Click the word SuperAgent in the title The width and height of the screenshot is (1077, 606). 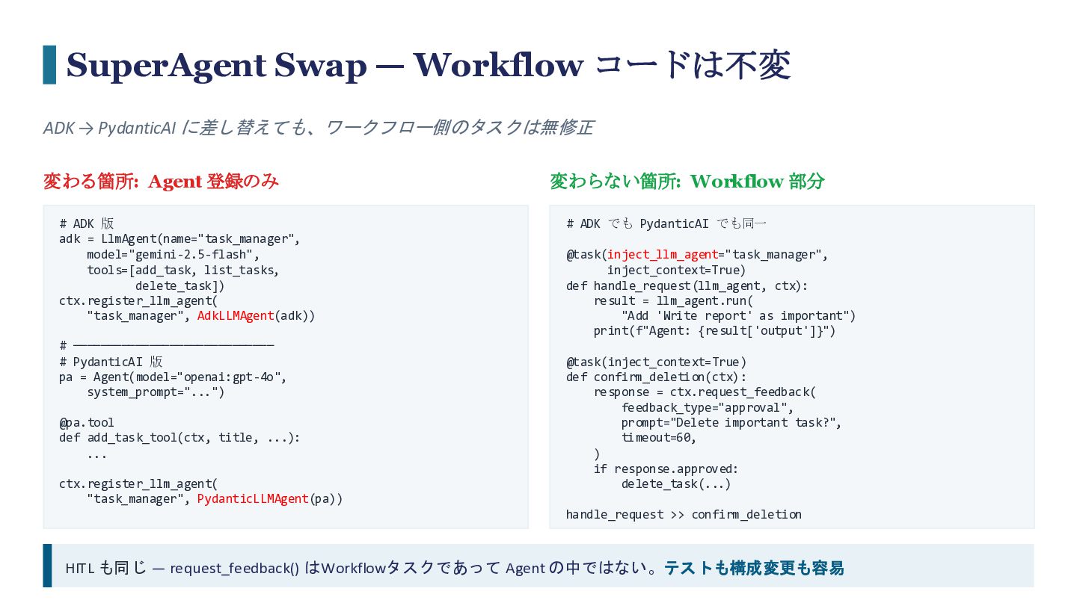pos(166,66)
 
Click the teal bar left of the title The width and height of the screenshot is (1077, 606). pos(49,65)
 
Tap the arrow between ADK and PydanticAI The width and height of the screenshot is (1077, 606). pos(86,129)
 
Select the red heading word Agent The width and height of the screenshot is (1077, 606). pos(175,182)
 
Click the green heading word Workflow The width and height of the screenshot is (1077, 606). pos(737,182)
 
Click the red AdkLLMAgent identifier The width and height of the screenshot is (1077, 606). pos(236,316)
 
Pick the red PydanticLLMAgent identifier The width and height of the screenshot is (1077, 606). pos(253,499)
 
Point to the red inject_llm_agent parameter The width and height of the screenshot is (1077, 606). pos(663,255)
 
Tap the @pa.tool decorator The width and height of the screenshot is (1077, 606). pos(87,423)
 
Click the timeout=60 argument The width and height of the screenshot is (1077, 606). pos(657,438)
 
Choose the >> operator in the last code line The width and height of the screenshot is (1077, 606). pos(678,515)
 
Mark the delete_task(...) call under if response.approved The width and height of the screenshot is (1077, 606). pos(676,484)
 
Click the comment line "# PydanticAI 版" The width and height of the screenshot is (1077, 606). pos(111,362)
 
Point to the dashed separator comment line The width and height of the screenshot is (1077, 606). pos(167,345)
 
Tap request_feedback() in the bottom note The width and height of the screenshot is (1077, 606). pos(235,569)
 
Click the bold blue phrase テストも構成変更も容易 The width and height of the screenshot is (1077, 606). pos(754,568)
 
